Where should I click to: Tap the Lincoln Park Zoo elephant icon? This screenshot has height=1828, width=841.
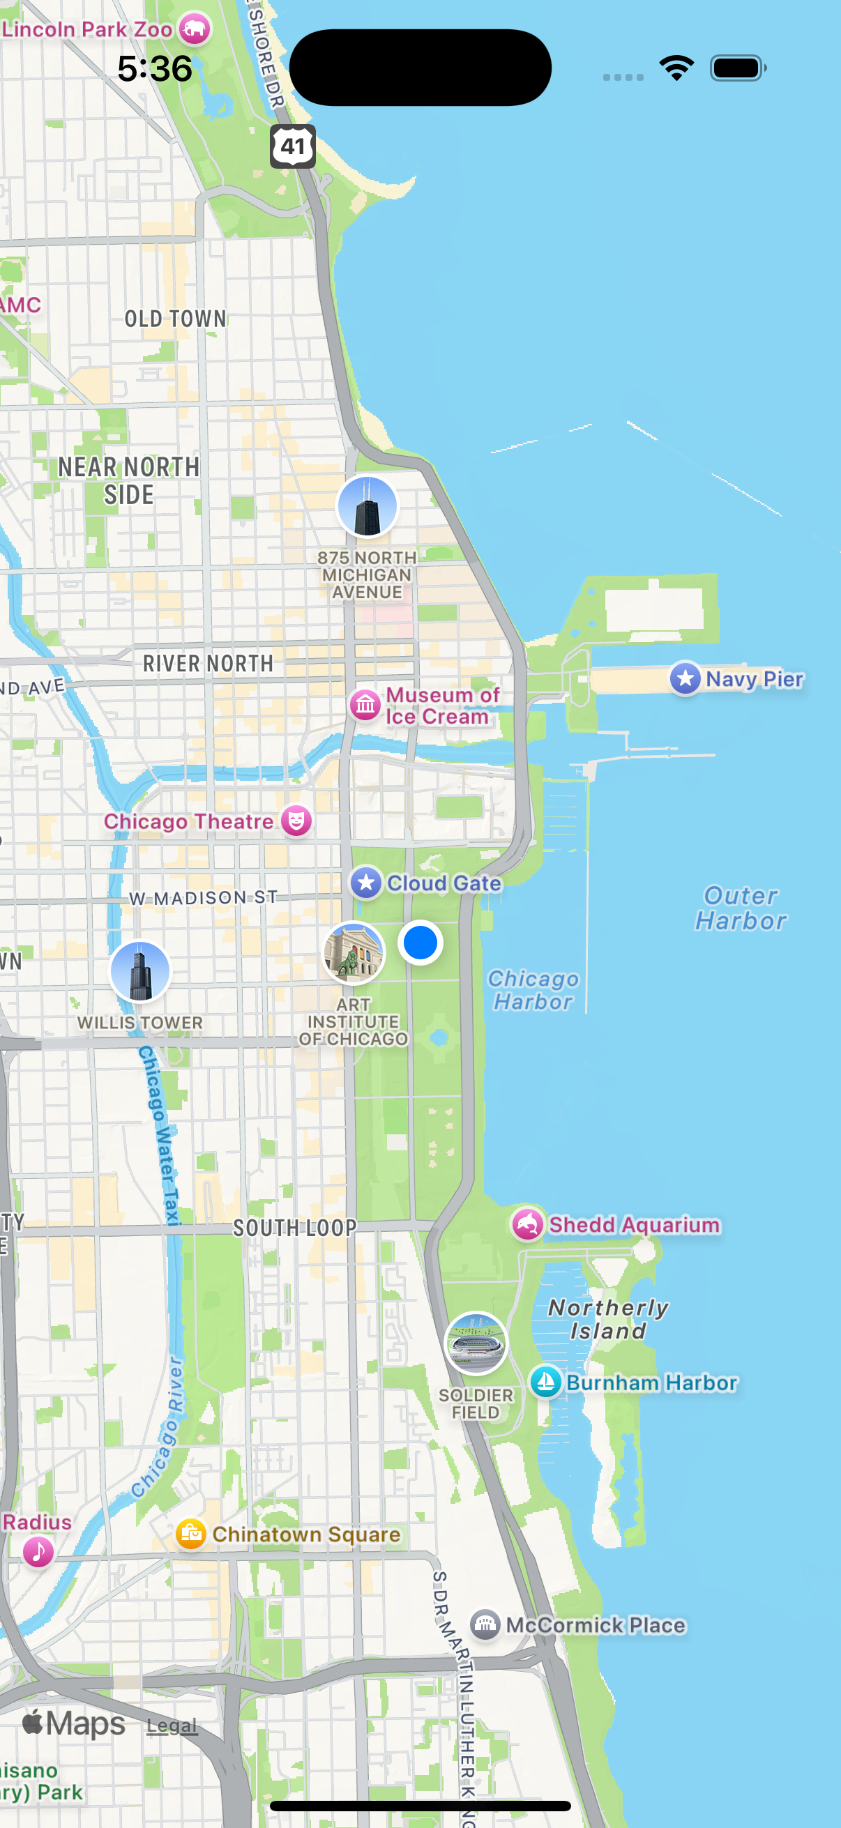click(194, 29)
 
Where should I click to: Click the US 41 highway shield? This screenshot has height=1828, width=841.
click(292, 146)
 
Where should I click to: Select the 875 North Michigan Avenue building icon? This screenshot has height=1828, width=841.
click(367, 507)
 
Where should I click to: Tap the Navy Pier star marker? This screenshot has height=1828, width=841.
click(685, 678)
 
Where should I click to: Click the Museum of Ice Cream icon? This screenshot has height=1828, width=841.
click(365, 705)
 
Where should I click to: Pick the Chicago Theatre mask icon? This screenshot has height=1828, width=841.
click(296, 821)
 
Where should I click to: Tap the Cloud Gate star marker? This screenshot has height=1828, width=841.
click(366, 883)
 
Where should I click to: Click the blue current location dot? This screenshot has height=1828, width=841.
click(420, 943)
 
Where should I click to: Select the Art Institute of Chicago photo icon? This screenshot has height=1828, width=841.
click(354, 953)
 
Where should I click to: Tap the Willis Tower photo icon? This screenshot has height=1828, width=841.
click(139, 971)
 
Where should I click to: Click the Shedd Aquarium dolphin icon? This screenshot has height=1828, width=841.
click(527, 1224)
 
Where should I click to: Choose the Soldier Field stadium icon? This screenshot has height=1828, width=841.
click(476, 1343)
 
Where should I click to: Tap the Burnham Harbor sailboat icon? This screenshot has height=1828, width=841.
click(546, 1382)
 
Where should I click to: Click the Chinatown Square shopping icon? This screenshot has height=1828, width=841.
click(191, 1534)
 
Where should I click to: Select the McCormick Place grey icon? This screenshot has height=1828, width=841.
click(485, 1624)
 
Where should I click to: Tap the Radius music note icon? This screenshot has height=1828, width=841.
click(38, 1551)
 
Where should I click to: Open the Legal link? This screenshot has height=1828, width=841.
click(172, 1726)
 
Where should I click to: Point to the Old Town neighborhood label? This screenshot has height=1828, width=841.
click(175, 319)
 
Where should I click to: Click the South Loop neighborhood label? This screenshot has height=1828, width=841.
click(294, 1228)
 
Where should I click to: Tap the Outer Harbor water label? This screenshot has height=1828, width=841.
click(740, 908)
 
